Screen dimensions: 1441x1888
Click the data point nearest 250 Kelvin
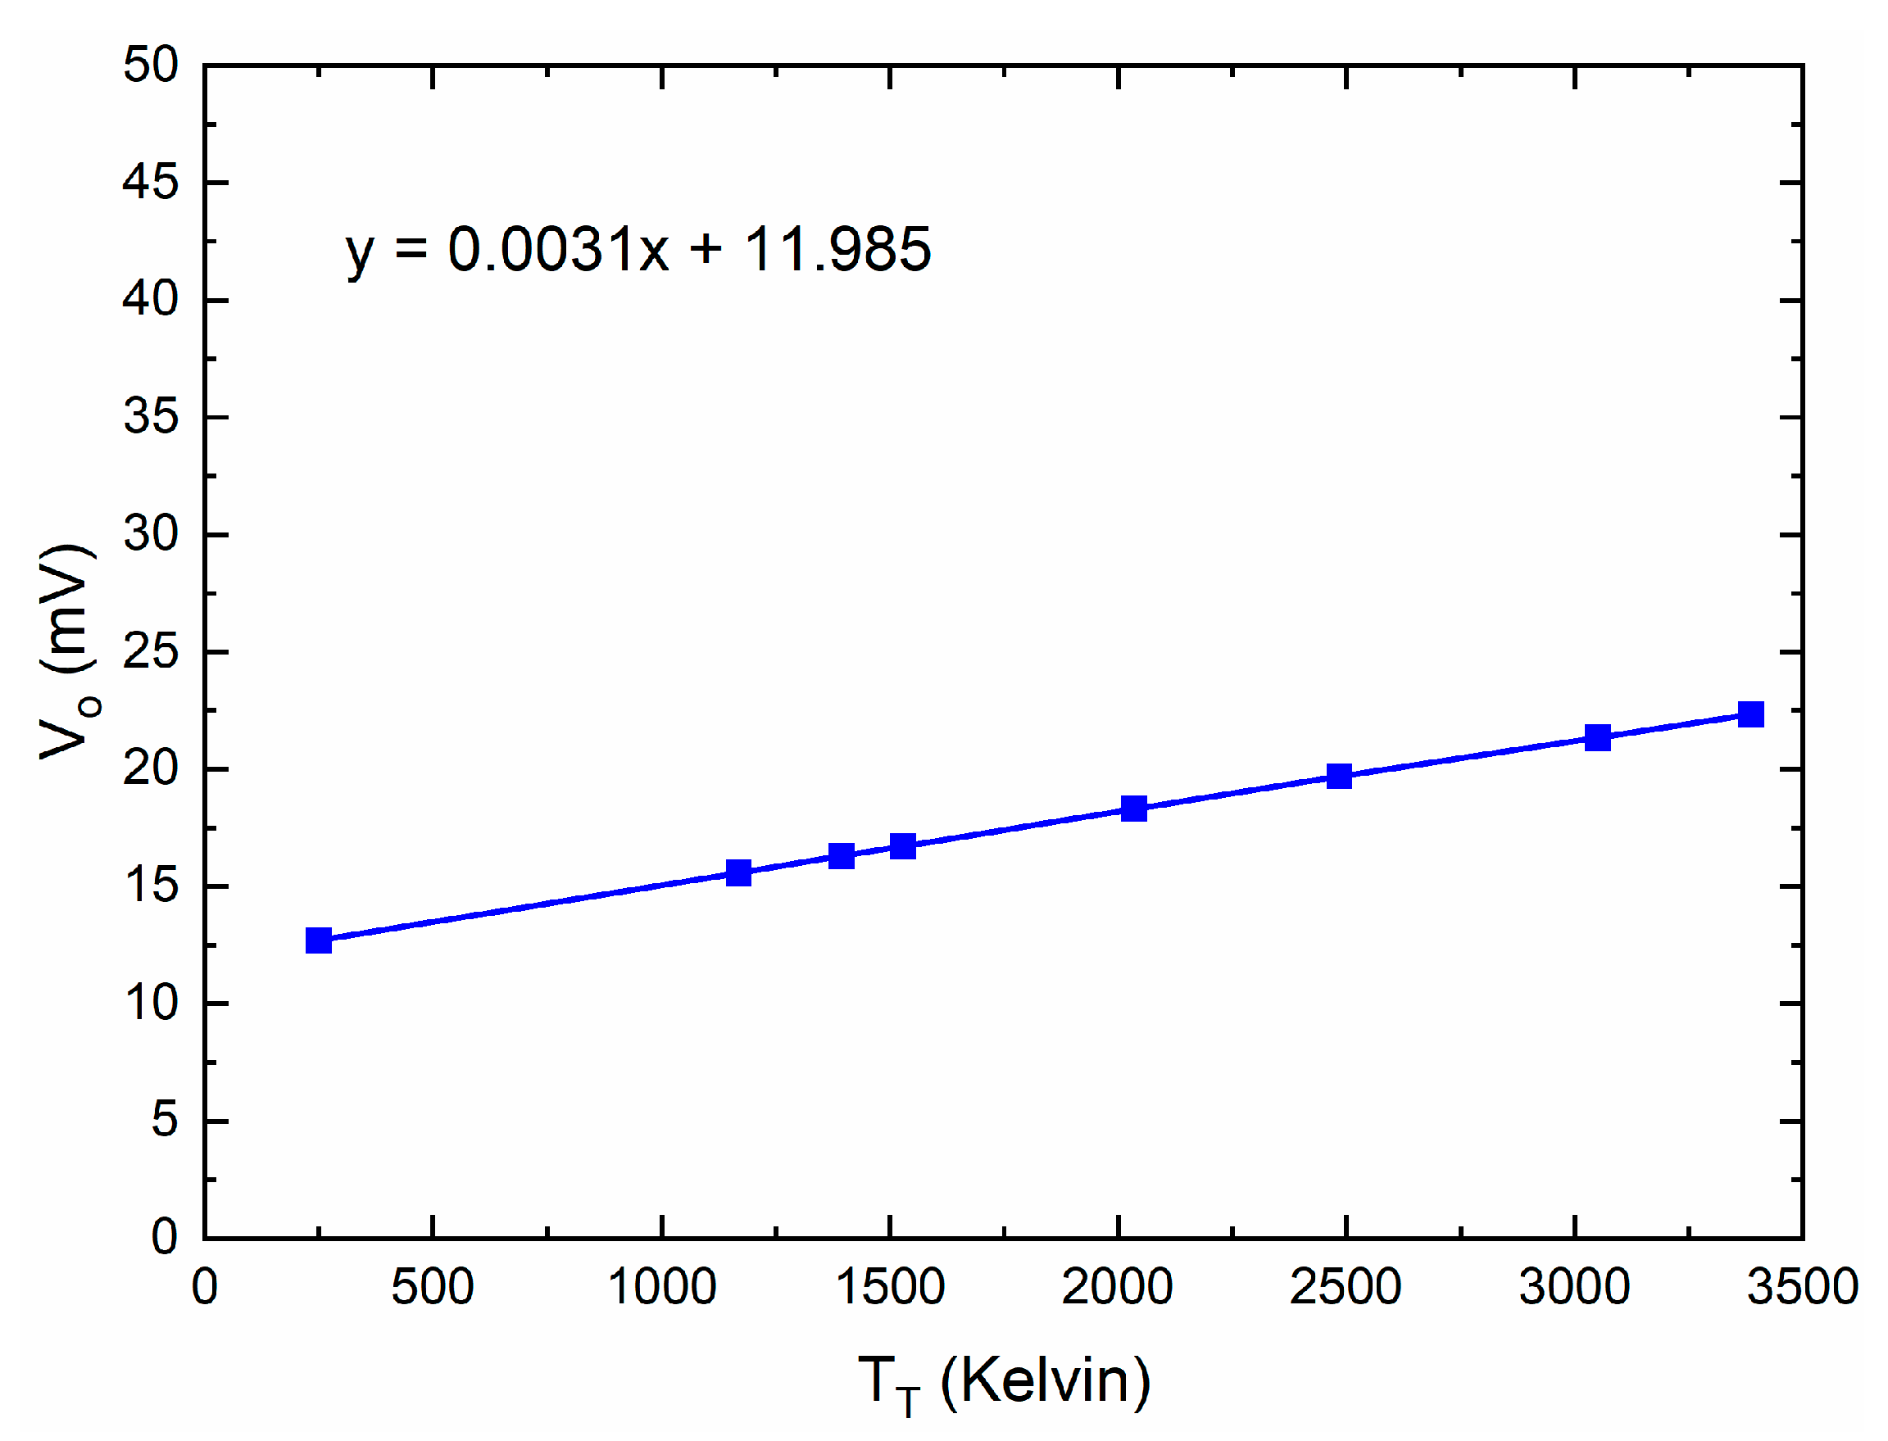(x=318, y=940)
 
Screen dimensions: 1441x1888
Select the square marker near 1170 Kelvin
(x=738, y=873)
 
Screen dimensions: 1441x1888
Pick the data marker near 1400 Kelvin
(x=842, y=855)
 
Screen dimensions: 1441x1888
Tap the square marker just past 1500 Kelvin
(x=902, y=845)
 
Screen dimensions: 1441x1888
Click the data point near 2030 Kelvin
(x=1134, y=808)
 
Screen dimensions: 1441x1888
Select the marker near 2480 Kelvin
(x=1339, y=777)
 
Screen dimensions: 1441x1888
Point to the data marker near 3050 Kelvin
(x=1597, y=736)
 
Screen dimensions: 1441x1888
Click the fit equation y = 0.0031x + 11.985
(x=638, y=250)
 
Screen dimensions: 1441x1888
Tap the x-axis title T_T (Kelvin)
(x=1004, y=1382)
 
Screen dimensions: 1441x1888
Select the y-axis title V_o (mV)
(x=69, y=652)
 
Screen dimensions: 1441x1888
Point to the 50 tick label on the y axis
(x=151, y=66)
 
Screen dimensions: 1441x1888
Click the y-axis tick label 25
(x=151, y=653)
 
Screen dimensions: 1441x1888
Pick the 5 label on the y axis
(x=165, y=1120)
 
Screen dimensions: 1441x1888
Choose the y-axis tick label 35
(x=151, y=418)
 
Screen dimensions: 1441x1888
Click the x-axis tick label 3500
(x=1802, y=1288)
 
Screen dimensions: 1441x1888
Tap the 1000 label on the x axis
(x=661, y=1288)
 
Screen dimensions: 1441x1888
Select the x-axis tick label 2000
(x=1117, y=1288)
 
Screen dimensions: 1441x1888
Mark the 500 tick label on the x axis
(x=433, y=1288)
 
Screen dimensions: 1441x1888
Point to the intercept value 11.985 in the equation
(x=837, y=250)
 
